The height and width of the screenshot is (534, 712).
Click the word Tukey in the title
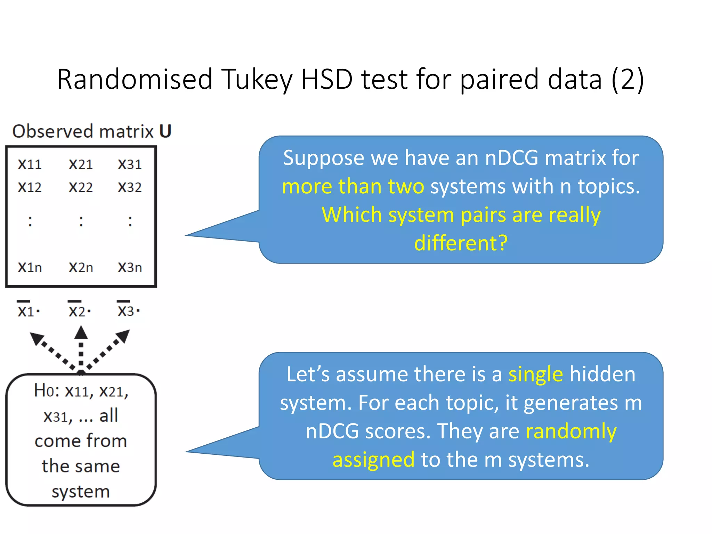point(257,79)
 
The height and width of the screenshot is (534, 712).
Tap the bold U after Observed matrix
point(165,131)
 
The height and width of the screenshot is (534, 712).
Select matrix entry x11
point(30,164)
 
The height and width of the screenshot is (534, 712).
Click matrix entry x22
point(81,188)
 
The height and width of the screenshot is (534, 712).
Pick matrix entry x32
point(130,188)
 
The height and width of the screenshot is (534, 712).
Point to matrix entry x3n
point(130,267)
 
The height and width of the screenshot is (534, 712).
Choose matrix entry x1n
point(30,267)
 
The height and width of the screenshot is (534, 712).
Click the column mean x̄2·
point(80,310)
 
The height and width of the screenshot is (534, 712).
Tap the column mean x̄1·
point(29,310)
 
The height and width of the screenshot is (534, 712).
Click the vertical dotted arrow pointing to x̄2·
point(81,348)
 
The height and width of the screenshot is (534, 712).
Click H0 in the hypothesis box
point(44,391)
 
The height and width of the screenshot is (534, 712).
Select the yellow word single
point(535,374)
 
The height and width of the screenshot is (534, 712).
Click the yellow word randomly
point(571,431)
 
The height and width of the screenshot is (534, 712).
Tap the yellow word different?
point(461,243)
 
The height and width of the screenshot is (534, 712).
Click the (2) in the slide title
point(628,79)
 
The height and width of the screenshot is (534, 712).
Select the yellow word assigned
point(373,460)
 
